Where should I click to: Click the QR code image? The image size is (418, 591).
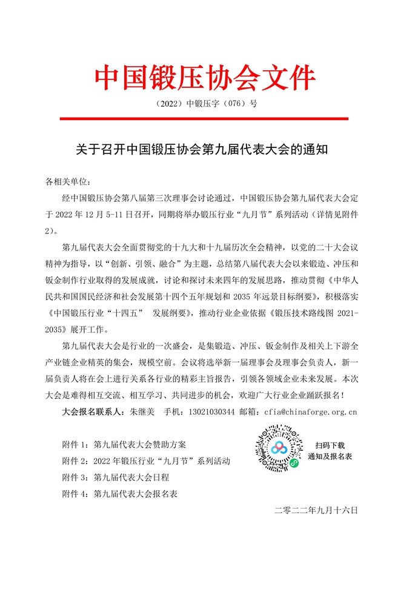(x=278, y=449)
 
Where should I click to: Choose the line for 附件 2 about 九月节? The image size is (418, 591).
(x=146, y=461)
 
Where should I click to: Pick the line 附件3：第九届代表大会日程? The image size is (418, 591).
(x=115, y=477)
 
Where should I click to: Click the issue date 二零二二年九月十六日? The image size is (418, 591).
(x=316, y=510)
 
